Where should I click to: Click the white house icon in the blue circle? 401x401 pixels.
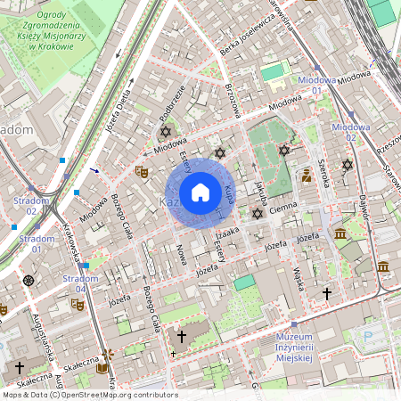click(x=200, y=192)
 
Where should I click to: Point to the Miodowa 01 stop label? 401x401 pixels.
click(x=317, y=85)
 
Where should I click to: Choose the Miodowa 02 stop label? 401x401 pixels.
click(x=344, y=132)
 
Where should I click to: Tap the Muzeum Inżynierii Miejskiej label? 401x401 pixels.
click(x=293, y=346)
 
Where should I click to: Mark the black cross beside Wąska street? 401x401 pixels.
click(x=327, y=292)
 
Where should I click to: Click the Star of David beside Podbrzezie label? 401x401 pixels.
click(x=164, y=132)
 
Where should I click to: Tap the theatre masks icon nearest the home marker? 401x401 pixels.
click(x=141, y=170)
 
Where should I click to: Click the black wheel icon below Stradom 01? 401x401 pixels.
click(x=29, y=280)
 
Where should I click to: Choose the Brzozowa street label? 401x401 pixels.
click(x=233, y=104)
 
